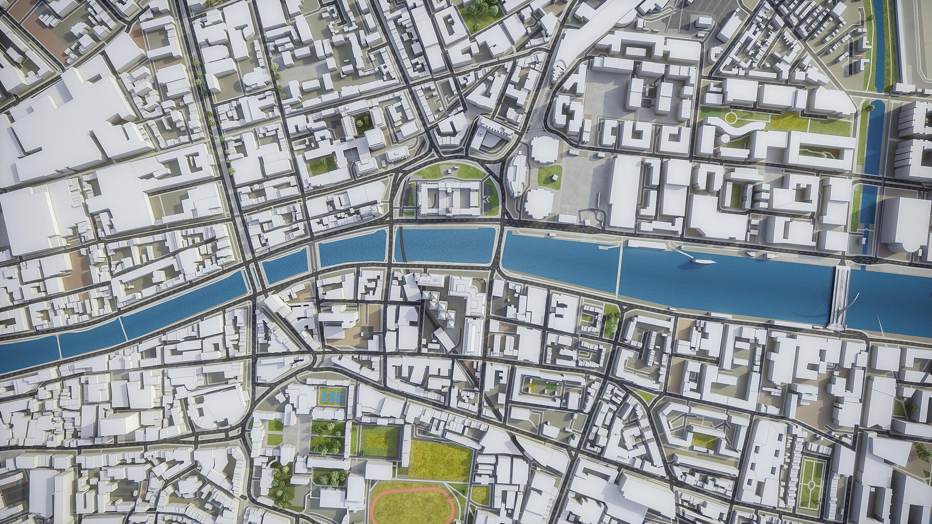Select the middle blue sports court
tap(329, 396)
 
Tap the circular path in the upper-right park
tap(731, 118)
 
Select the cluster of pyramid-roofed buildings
tap(438, 310)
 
